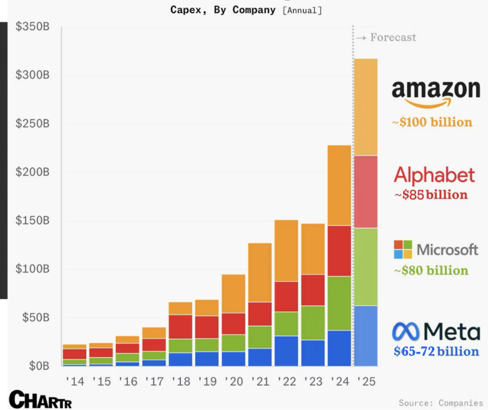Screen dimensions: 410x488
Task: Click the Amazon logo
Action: click(x=436, y=93)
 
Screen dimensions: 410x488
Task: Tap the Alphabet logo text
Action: click(x=434, y=175)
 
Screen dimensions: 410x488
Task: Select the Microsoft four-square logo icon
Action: click(x=403, y=249)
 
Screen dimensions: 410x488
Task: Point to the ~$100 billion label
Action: click(x=432, y=122)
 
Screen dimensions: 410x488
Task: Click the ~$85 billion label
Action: click(x=431, y=195)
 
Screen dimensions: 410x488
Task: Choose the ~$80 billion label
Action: click(x=431, y=270)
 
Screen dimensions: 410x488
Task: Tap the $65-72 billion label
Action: click(x=436, y=351)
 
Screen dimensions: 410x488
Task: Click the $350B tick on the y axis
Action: click(x=32, y=26)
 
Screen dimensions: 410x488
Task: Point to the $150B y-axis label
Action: click(x=32, y=220)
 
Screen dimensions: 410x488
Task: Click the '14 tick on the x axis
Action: click(x=75, y=382)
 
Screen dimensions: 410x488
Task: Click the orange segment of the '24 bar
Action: click(x=339, y=185)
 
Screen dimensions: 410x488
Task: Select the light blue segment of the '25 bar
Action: click(x=366, y=335)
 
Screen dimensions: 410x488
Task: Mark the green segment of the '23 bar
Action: click(x=313, y=322)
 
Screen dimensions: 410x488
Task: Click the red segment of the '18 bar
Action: click(x=180, y=326)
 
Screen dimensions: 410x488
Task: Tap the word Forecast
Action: click(x=393, y=37)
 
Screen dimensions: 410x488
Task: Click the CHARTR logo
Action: click(x=40, y=400)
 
